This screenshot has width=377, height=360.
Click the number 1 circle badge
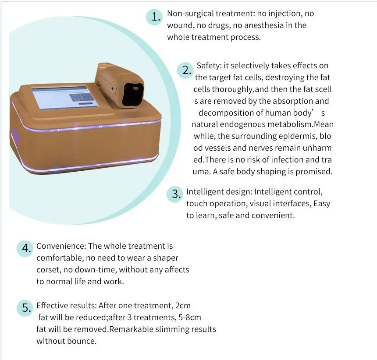tap(155, 17)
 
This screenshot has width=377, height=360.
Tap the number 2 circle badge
tap(186, 70)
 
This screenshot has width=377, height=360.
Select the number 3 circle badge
tap(176, 194)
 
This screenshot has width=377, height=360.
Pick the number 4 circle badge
tap(26, 249)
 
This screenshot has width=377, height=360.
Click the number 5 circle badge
tap(26, 308)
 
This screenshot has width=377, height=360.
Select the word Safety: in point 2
tap(209, 66)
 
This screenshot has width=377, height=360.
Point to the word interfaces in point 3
tap(286, 204)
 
